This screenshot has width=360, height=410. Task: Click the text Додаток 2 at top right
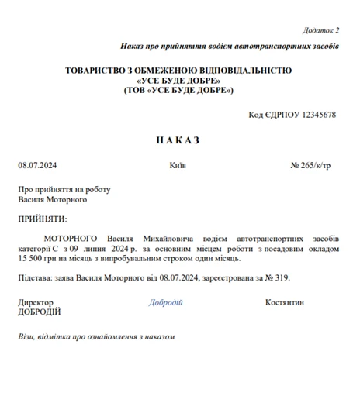320,30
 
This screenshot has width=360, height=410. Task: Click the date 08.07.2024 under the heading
37,165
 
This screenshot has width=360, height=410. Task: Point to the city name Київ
178,165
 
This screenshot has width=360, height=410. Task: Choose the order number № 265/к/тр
310,165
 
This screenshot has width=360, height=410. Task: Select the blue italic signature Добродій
165,302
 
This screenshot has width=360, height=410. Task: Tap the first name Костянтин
284,302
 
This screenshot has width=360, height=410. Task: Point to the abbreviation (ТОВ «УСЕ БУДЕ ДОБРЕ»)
178,91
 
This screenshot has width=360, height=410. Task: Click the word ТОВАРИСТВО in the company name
99,71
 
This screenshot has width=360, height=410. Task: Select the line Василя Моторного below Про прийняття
53,199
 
